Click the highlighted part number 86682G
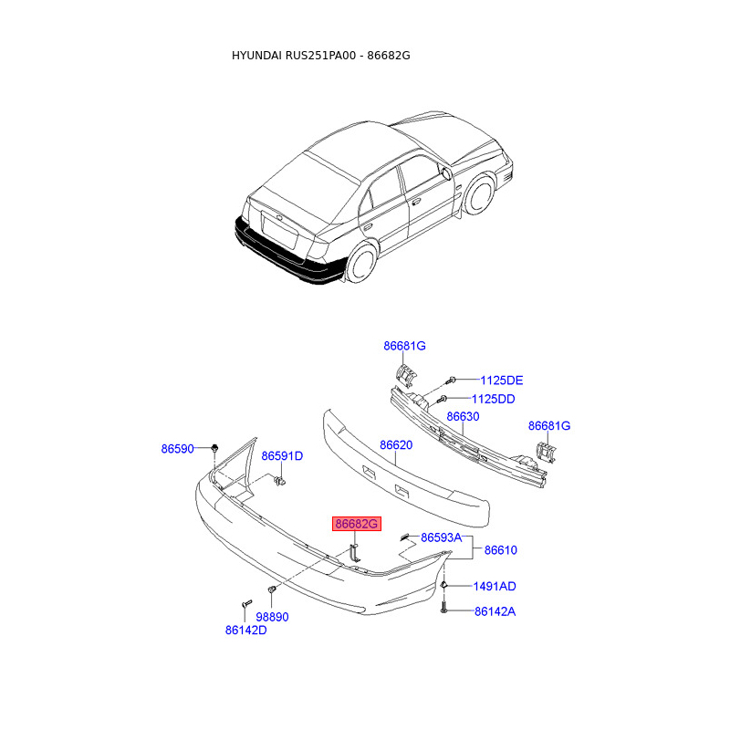tap(355, 524)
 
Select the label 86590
tap(178, 449)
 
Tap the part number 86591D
tap(282, 456)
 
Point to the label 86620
tap(397, 445)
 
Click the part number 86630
tap(463, 417)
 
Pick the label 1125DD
tap(493, 399)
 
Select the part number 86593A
tap(442, 537)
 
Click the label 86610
tap(500, 550)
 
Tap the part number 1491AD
tap(494, 586)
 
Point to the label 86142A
tap(494, 611)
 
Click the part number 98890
tap(272, 617)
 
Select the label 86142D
tap(246, 630)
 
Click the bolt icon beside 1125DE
tap(451, 380)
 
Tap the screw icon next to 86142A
tap(443, 609)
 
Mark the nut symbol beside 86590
tap(213, 447)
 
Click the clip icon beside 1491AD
tap(443, 585)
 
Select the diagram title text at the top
tap(321, 56)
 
